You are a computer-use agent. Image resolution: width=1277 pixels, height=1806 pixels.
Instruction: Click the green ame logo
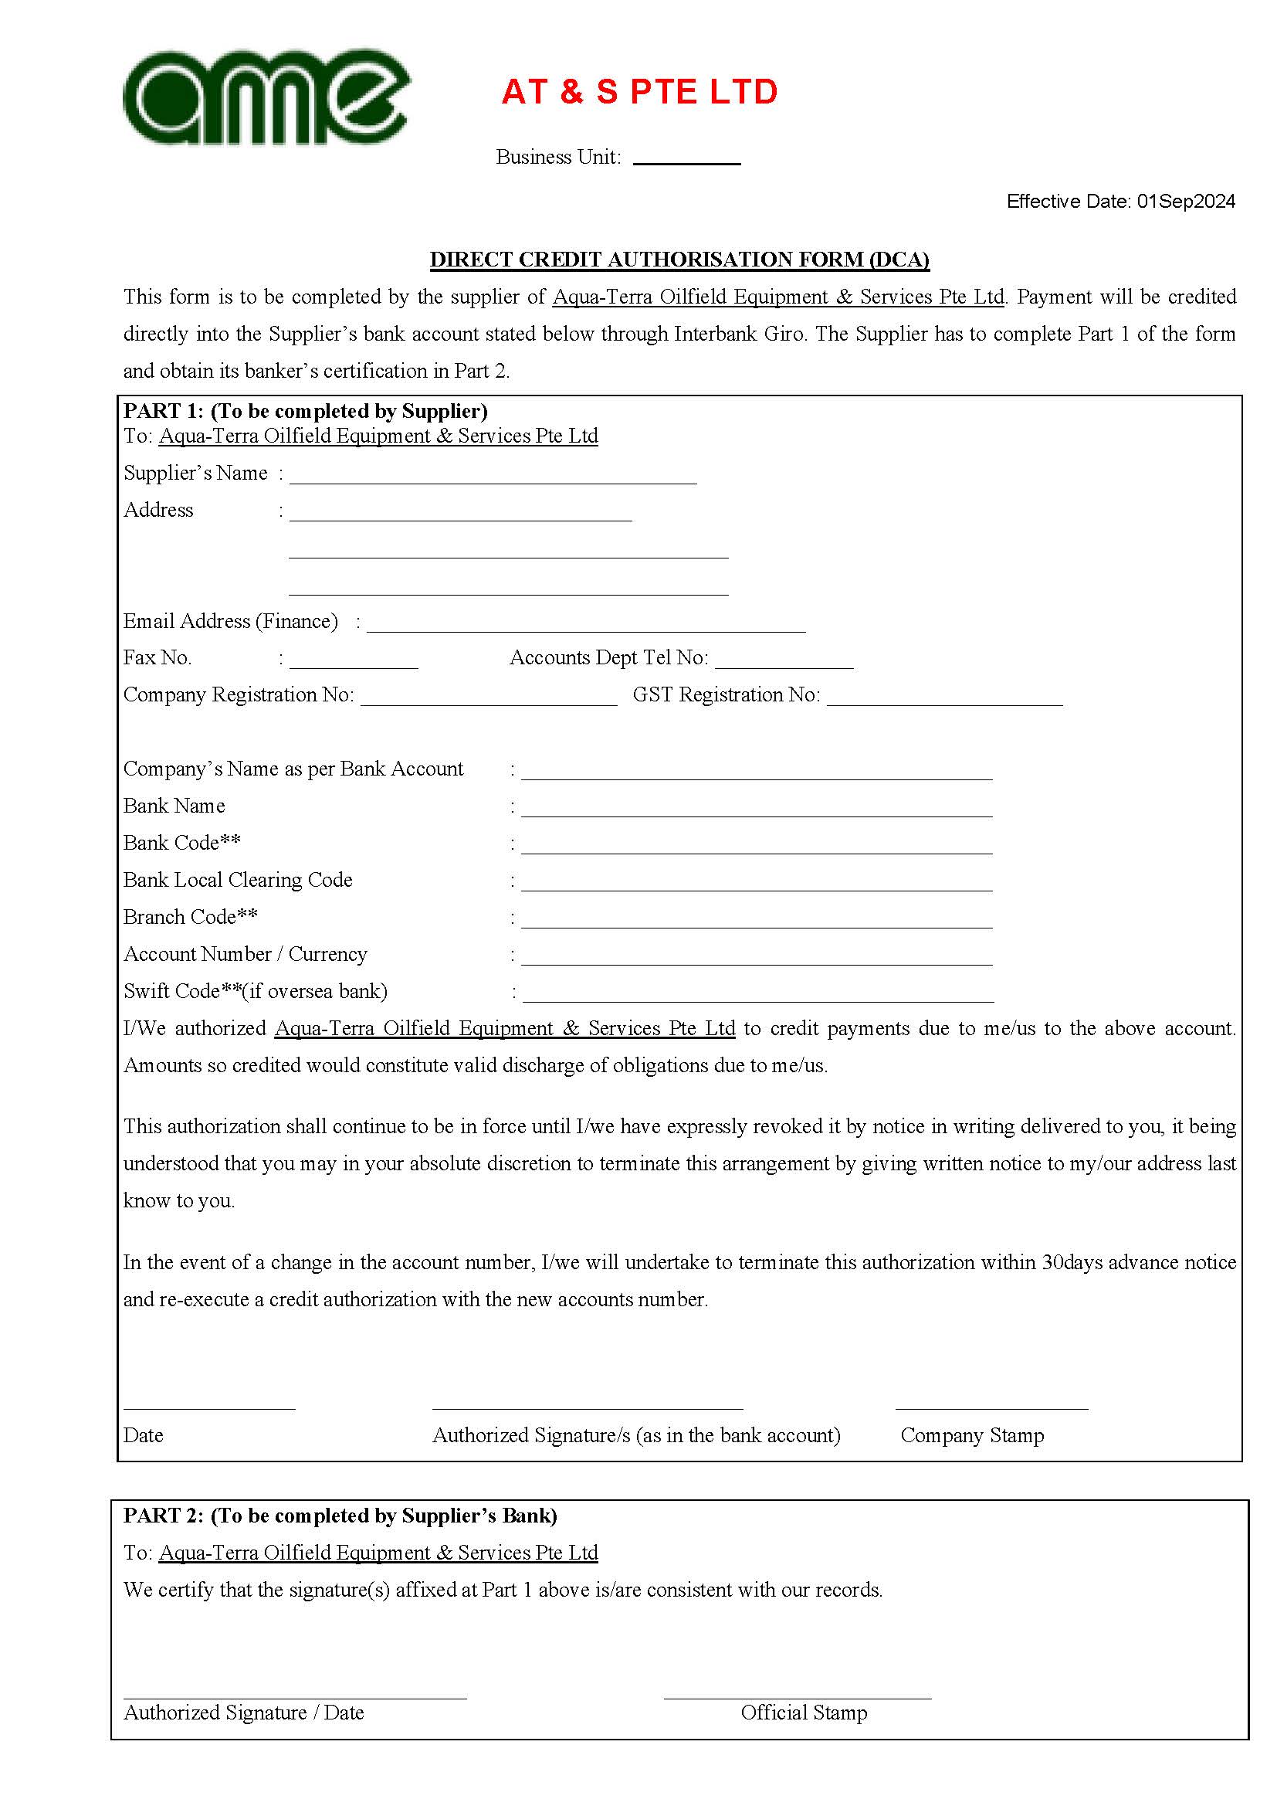(266, 97)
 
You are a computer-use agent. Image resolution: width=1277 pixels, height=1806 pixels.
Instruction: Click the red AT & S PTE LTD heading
(639, 92)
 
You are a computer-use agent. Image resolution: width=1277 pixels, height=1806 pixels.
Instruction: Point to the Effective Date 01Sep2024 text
(1120, 202)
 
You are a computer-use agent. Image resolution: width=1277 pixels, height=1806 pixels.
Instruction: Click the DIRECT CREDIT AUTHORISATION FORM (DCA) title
(679, 260)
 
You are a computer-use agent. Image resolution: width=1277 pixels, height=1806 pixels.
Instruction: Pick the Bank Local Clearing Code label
(238, 880)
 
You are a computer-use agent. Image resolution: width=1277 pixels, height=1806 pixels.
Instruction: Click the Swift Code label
(256, 991)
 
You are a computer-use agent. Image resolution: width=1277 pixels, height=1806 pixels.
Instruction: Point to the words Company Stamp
(972, 1435)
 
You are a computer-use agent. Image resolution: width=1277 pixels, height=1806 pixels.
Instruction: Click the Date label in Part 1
(143, 1435)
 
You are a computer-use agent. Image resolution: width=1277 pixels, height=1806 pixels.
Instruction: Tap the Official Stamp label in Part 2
(804, 1713)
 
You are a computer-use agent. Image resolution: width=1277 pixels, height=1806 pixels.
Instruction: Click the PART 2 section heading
(340, 1516)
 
